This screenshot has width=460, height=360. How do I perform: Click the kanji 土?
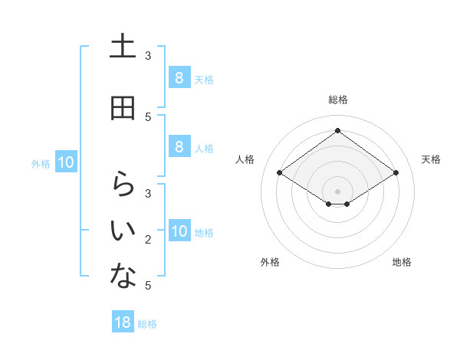[x=123, y=47]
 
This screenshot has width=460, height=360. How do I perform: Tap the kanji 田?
[x=123, y=108]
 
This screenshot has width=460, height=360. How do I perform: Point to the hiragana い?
[x=123, y=229]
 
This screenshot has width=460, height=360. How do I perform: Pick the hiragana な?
[x=123, y=277]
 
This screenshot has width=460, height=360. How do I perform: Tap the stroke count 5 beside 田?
[x=148, y=116]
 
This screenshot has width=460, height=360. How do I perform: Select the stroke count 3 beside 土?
[x=148, y=56]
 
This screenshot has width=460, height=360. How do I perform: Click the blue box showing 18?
[x=123, y=322]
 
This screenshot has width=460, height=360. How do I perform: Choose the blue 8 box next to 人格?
[x=179, y=147]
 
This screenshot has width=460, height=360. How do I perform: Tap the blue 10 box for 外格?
[x=66, y=162]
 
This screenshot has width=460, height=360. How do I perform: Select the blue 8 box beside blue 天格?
[x=179, y=78]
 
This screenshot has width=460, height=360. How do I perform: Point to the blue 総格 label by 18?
[x=147, y=324]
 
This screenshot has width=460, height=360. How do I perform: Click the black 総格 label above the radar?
[x=337, y=99]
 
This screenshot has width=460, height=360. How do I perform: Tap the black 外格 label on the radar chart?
[x=270, y=262]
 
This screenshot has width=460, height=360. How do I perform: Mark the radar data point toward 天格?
[x=396, y=173]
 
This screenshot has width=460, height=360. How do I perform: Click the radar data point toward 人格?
[x=279, y=173]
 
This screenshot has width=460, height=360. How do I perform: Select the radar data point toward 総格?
[x=337, y=131]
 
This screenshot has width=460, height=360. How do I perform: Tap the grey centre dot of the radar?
[x=337, y=191]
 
